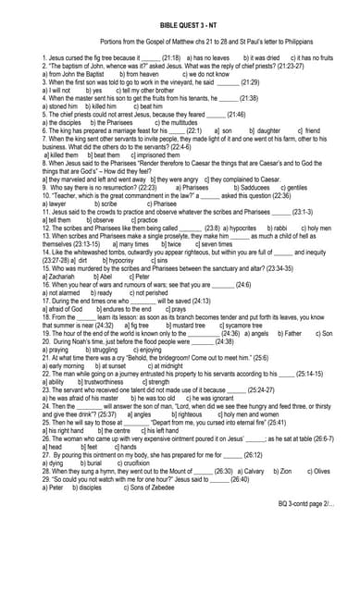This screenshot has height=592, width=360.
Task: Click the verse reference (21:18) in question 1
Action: point(175,57)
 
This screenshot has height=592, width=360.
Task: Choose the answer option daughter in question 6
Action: point(268,131)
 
